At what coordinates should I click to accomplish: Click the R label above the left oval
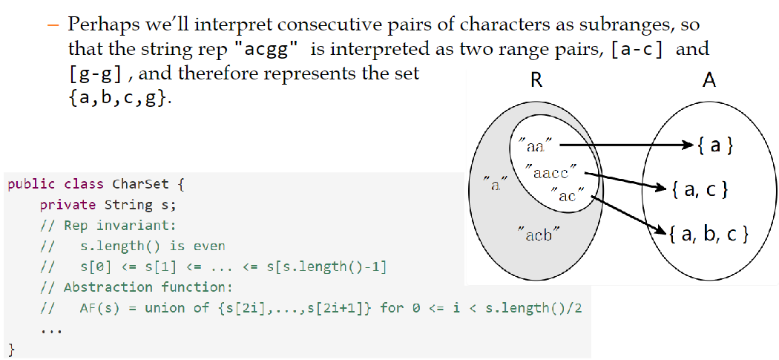[x=536, y=80]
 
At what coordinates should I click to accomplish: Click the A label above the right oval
[x=709, y=80]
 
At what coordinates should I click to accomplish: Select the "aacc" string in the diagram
[x=550, y=173]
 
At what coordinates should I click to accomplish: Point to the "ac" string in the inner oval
[x=568, y=196]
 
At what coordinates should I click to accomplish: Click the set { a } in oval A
[x=715, y=145]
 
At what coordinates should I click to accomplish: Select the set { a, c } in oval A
[x=699, y=190]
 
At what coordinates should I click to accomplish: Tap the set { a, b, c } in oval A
[x=708, y=235]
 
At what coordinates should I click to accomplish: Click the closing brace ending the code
[x=11, y=347]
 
